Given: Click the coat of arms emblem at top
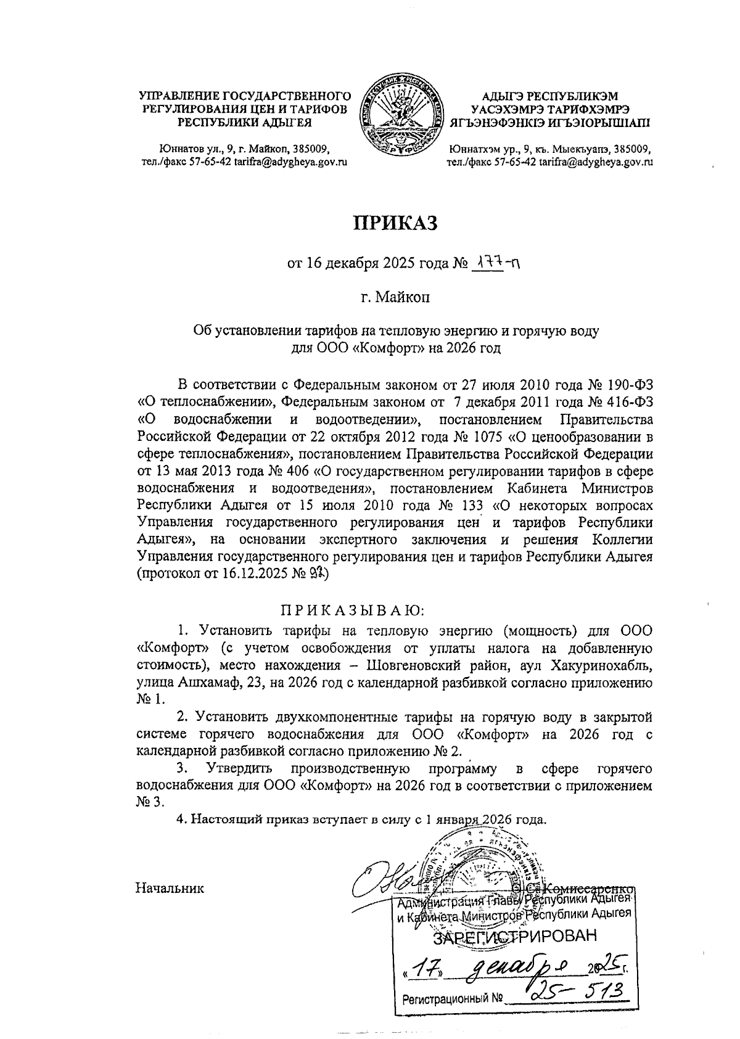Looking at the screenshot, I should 403,117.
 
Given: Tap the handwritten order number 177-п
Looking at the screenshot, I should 495,264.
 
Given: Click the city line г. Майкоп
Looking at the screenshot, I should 395,298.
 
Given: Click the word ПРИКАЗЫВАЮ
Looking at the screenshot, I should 353,610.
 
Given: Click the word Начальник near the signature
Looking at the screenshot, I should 170,889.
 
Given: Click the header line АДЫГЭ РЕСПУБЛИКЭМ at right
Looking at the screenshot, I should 549,96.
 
